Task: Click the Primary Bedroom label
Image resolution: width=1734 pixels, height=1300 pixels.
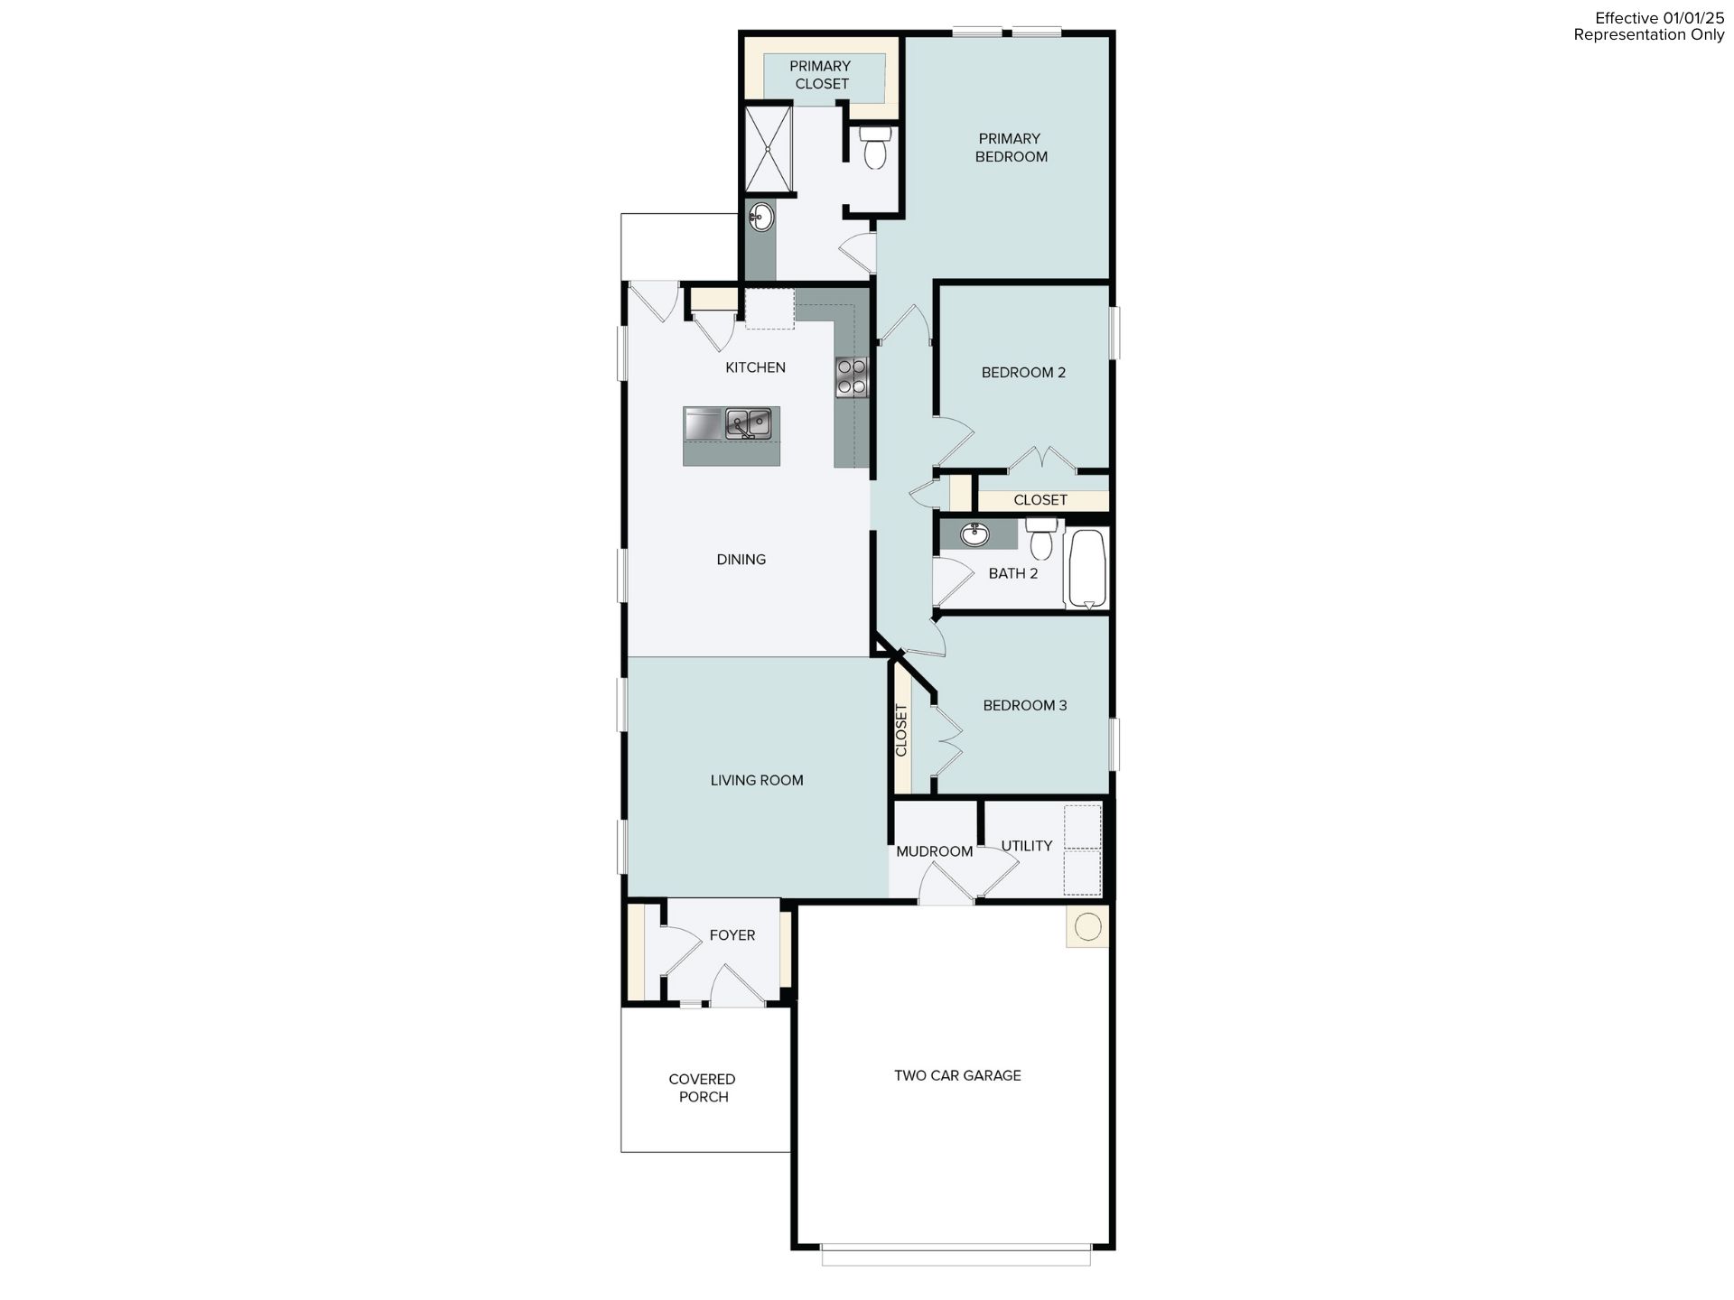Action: coord(1011,147)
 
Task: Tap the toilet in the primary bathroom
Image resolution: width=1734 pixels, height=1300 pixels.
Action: coord(874,147)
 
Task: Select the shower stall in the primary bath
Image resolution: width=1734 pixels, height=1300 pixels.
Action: coord(768,149)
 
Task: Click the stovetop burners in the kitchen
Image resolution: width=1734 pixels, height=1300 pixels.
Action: coord(851,376)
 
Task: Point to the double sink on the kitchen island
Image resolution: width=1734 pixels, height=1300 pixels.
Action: coord(749,423)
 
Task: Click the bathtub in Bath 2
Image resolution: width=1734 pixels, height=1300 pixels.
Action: coord(1086,569)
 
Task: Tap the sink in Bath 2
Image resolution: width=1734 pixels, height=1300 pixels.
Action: coord(974,534)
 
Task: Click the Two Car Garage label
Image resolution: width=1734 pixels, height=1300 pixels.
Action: coord(957,1075)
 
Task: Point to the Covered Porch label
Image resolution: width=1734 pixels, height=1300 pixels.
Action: coord(703,1088)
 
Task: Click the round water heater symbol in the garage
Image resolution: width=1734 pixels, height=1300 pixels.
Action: coord(1088,926)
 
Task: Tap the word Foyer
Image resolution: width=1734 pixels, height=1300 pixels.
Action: coord(732,935)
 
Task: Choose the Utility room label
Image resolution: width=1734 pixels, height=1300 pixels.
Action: coord(1027,846)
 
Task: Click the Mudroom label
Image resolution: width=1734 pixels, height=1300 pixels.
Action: coord(935,851)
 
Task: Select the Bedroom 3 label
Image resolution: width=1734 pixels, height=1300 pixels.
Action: coord(1025,705)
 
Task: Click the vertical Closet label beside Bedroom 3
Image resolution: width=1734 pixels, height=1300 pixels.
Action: coord(900,730)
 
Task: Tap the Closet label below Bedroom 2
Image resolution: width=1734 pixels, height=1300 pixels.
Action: coord(1040,500)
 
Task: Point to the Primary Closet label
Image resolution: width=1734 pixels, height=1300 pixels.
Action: coord(821,75)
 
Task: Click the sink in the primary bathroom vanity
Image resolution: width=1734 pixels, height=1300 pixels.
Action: coord(760,217)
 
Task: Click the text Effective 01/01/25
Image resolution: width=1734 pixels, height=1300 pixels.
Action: coord(1660,18)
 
